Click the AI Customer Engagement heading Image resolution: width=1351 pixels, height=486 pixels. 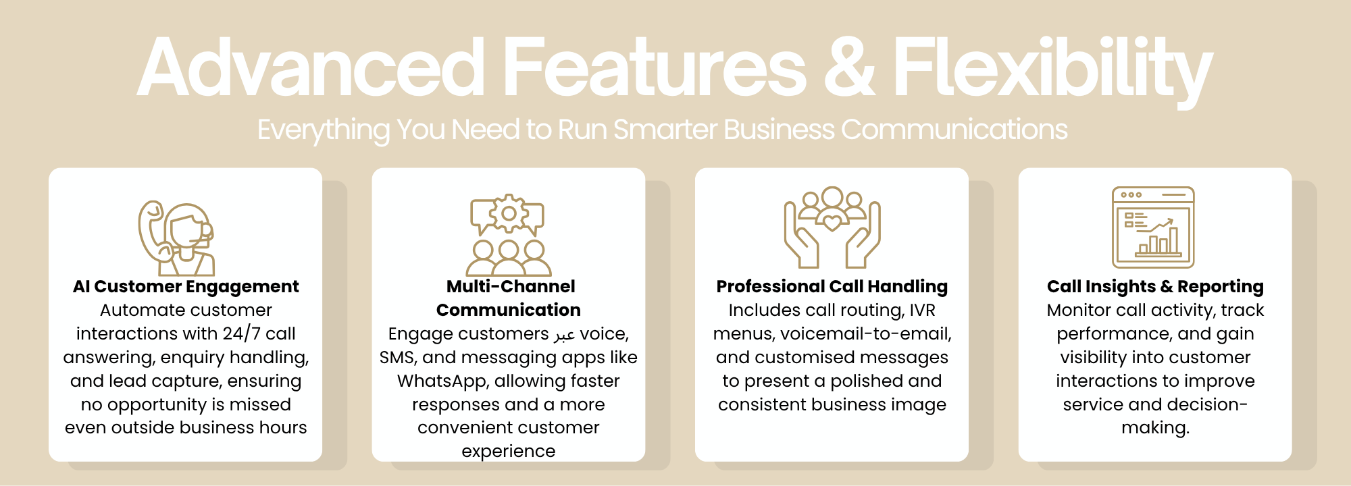pos(186,287)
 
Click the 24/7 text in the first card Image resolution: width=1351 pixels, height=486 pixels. pos(241,333)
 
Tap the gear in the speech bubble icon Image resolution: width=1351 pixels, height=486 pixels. pos(509,214)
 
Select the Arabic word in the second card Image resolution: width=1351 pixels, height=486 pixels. pos(564,335)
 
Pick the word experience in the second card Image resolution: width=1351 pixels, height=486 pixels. pos(509,452)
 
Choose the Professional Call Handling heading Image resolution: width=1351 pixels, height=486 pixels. pos(832,287)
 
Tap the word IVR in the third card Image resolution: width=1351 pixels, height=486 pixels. pos(923,310)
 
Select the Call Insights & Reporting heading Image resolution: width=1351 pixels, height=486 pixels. pos(1155,287)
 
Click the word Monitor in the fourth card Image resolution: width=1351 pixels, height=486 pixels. pos(1079,310)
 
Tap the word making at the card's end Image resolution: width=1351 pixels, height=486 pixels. pos(1155,428)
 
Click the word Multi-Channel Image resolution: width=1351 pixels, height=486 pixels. pos(511,287)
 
